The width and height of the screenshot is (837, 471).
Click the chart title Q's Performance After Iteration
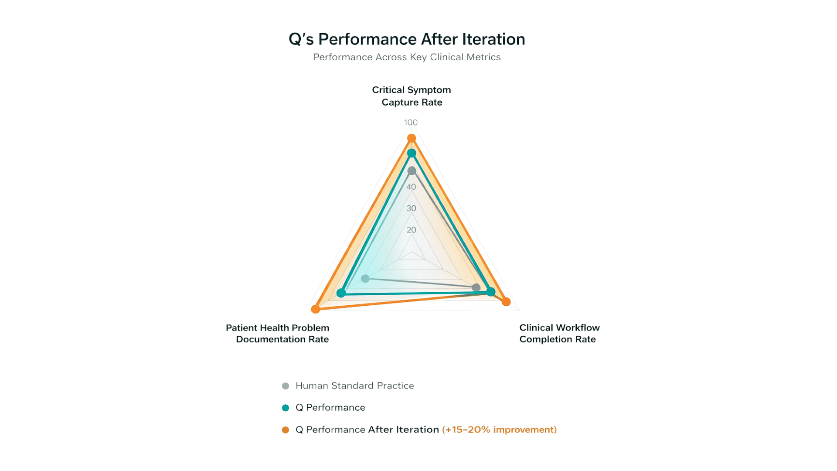click(x=407, y=39)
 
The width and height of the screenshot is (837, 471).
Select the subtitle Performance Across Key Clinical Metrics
click(x=407, y=57)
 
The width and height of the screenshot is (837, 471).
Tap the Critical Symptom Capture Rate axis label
click(x=412, y=96)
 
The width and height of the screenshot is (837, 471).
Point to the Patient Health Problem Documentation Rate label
click(x=278, y=334)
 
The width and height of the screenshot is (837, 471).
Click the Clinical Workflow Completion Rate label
click(x=559, y=334)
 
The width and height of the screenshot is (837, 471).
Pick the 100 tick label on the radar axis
click(x=411, y=123)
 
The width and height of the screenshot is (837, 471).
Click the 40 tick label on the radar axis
click(x=411, y=187)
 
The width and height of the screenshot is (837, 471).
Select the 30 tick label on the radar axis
click(x=411, y=208)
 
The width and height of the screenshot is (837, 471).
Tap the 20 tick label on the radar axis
click(x=411, y=230)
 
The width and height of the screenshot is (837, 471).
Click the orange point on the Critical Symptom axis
click(x=412, y=139)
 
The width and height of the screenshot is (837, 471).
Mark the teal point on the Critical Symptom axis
click(x=412, y=153)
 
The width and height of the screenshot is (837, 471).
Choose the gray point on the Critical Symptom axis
click(x=412, y=171)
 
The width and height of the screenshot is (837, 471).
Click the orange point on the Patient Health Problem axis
click(x=316, y=309)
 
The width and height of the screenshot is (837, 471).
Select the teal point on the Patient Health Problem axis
click(x=341, y=293)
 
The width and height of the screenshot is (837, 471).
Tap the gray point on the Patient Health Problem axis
click(x=365, y=279)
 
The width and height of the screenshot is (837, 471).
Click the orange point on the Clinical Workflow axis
click(x=506, y=302)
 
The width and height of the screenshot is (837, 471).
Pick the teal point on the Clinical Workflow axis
click(x=491, y=292)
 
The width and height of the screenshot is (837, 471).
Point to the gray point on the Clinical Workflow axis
click(x=476, y=287)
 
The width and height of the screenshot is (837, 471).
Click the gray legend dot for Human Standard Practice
click(x=286, y=386)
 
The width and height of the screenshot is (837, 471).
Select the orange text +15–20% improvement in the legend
click(x=499, y=430)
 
